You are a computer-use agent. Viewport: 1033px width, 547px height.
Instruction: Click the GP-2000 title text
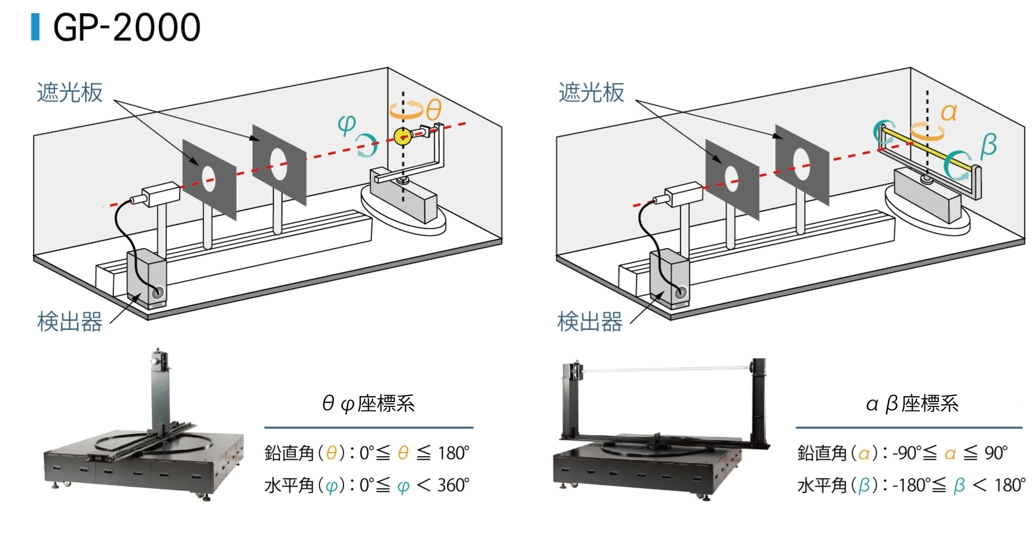tap(127, 28)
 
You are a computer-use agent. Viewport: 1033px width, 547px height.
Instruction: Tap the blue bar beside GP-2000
tap(35, 27)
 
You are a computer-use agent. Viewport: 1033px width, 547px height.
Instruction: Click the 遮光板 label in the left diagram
tap(70, 93)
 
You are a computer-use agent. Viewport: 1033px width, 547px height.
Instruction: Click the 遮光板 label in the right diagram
tap(591, 93)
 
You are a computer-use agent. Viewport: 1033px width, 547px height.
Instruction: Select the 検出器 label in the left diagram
tap(70, 322)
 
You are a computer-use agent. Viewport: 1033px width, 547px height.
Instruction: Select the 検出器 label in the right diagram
tap(590, 322)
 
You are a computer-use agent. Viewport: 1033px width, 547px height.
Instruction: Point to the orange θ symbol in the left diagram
tap(434, 110)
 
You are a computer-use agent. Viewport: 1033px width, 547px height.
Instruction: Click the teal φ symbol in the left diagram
tap(347, 124)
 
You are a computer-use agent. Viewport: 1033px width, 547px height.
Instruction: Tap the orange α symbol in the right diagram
tap(948, 112)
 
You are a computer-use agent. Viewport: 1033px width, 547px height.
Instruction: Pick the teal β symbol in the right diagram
tap(988, 145)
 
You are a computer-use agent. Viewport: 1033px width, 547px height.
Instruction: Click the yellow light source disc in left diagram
tap(402, 137)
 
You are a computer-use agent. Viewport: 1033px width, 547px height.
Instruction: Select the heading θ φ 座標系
tap(368, 404)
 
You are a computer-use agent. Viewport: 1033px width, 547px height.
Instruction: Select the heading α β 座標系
tap(912, 404)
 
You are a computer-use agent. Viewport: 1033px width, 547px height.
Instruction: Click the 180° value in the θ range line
tap(453, 453)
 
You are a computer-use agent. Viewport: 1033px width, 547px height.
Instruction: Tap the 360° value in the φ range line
tap(453, 486)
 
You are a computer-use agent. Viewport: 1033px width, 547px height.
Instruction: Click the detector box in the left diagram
tap(146, 278)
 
